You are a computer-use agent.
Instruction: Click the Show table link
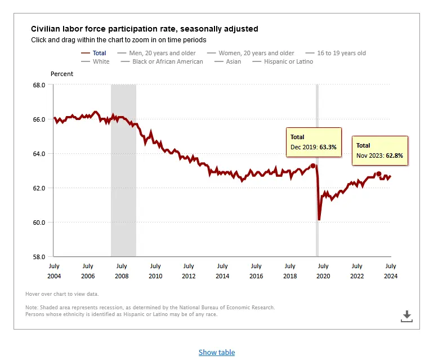(x=217, y=353)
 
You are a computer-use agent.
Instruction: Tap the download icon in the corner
(x=406, y=316)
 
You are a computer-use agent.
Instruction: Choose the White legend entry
(x=101, y=61)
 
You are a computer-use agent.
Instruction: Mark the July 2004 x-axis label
(x=55, y=271)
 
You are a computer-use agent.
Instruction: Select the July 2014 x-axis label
(x=222, y=271)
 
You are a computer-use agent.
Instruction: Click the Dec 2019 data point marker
(x=313, y=166)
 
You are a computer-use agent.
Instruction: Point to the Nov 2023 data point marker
(x=379, y=174)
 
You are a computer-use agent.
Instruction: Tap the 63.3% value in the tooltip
(x=328, y=146)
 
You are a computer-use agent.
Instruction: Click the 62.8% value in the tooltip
(x=394, y=155)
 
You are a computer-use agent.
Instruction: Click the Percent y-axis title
(x=62, y=74)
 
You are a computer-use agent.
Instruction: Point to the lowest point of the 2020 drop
(x=319, y=220)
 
